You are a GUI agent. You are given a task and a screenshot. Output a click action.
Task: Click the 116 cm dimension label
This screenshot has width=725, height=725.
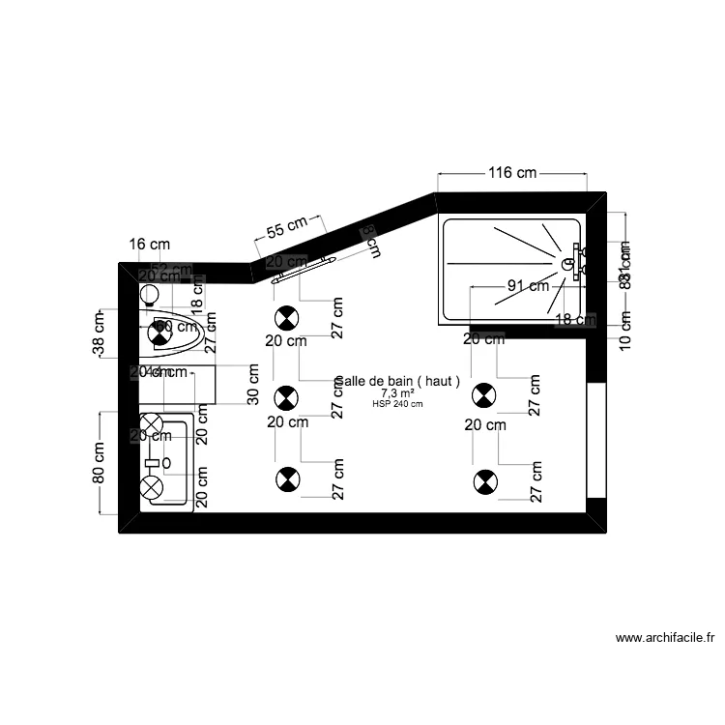coord(511,173)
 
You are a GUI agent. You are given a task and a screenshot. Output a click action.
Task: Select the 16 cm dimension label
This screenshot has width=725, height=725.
coord(150,245)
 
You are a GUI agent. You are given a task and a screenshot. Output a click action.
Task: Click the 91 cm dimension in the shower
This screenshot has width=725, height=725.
coord(528,285)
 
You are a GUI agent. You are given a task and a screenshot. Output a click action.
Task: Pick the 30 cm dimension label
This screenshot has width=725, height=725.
coord(252,384)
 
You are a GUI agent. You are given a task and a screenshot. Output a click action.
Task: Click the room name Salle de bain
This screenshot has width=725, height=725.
coord(397,382)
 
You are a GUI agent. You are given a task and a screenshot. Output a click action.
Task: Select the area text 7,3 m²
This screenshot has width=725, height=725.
coord(397,393)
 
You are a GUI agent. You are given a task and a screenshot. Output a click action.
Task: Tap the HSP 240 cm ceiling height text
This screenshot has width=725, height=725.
coord(397,404)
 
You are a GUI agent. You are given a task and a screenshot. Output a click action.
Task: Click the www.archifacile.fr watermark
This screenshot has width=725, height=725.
coord(665,638)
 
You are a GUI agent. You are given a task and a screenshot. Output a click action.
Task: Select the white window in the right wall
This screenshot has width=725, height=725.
coord(595,441)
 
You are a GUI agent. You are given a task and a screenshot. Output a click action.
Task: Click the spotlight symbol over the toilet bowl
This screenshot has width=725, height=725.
coord(159,333)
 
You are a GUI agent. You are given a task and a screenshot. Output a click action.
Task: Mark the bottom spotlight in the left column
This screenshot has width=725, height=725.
coord(287,478)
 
